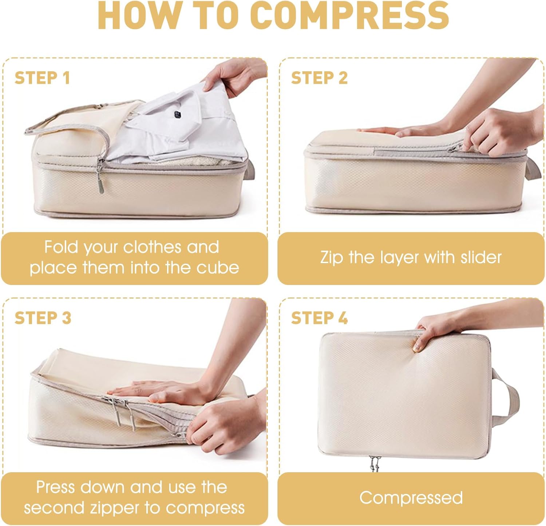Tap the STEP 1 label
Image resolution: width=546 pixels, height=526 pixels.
(42, 78)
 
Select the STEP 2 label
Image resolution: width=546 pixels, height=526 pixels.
(319, 78)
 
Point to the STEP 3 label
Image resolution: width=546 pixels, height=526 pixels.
(43, 318)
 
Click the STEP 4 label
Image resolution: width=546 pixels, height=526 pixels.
(319, 318)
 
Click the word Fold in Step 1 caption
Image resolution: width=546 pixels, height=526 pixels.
(61, 247)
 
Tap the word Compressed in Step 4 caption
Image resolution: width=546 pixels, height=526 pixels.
(411, 498)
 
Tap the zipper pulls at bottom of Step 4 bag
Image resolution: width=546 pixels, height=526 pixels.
(373, 463)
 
